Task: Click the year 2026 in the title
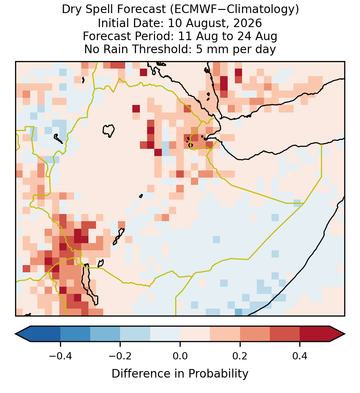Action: pos(248,23)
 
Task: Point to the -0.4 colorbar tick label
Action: pos(60,356)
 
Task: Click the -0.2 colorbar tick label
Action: pos(120,356)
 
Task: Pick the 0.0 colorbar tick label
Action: pos(180,356)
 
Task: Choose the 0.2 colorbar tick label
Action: pos(240,356)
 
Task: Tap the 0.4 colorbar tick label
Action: pos(300,356)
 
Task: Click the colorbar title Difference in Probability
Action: pos(180,374)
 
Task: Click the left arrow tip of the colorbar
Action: pos(15,334)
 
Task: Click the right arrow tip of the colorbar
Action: pos(345,334)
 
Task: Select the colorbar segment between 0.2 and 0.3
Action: pos(255,334)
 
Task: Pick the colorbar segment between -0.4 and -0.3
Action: pos(75,334)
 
